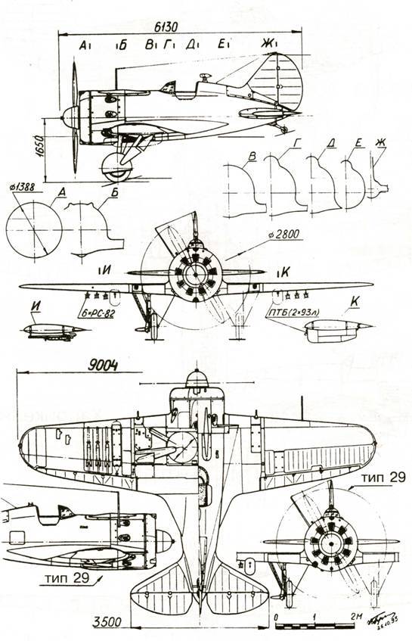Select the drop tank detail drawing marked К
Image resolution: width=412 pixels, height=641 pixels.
(336, 328)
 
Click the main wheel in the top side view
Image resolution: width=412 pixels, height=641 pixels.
(116, 166)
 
